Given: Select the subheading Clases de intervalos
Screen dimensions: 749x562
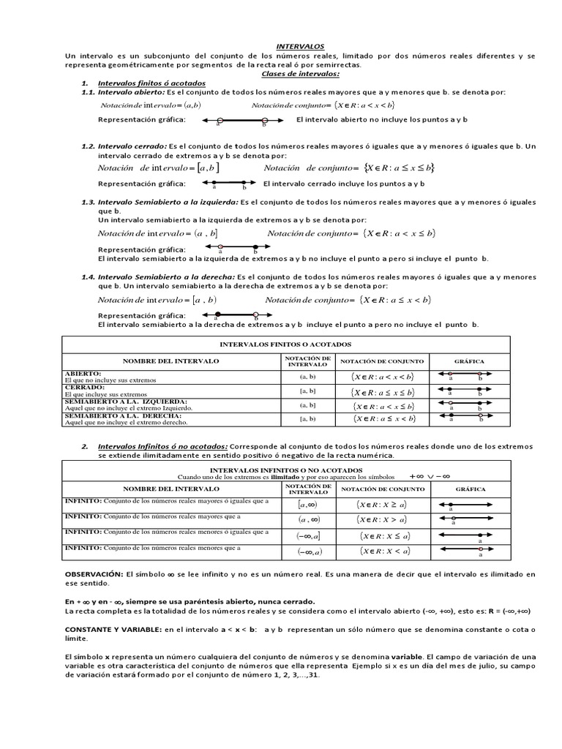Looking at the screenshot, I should [x=300, y=74].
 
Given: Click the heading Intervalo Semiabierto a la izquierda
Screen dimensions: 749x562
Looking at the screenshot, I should [x=168, y=202].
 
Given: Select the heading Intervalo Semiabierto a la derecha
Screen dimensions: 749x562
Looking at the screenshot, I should [x=166, y=277].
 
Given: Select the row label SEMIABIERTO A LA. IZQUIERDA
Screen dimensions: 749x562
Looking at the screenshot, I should [x=126, y=402].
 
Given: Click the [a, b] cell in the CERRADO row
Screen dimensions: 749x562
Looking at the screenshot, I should [x=307, y=391].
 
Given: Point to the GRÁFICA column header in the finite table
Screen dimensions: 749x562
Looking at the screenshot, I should [x=469, y=361].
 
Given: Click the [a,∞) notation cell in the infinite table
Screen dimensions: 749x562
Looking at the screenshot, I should [x=307, y=505].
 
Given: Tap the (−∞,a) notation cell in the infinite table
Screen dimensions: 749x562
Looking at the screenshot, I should [x=308, y=552].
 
